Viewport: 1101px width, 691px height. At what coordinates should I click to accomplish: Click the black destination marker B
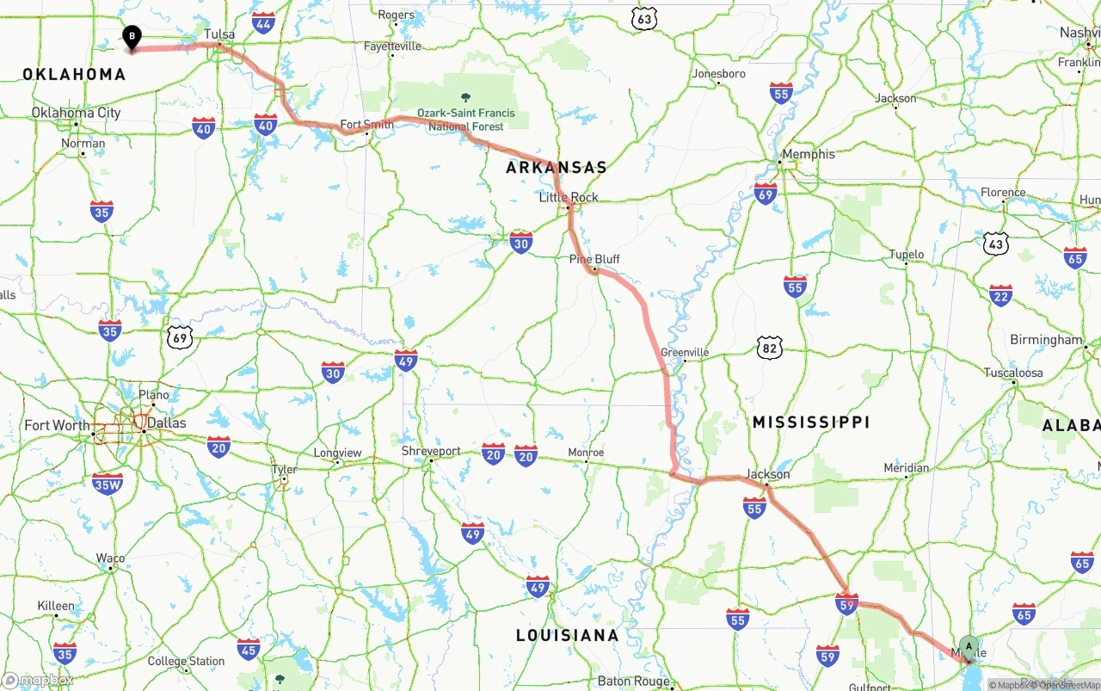pos(132,37)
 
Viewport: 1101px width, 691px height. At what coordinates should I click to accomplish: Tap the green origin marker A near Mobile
pos(969,647)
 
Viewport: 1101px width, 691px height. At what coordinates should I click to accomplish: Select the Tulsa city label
pos(219,34)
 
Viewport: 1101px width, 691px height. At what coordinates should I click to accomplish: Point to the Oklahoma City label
pos(76,113)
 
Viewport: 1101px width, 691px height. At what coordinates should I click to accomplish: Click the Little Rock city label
pos(569,197)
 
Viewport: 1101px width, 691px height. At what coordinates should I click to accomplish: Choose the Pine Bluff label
pos(594,259)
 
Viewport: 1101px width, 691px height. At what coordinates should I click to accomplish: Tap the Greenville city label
pos(685,353)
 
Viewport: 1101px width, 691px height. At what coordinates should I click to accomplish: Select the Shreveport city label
pos(431,451)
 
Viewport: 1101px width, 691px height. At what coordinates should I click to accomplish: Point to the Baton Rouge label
pos(634,681)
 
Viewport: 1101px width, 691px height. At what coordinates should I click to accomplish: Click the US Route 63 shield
pos(643,18)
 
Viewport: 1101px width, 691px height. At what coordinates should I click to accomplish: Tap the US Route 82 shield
pos(770,348)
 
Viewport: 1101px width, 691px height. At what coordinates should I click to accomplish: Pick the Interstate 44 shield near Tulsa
pos(264,22)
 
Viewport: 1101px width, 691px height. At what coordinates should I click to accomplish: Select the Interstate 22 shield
pos(1000,296)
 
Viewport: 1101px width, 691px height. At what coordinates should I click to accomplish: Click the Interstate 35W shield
pos(108,484)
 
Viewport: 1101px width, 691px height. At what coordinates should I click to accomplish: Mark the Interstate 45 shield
pos(249,649)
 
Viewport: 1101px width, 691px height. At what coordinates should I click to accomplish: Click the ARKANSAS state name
pos(556,168)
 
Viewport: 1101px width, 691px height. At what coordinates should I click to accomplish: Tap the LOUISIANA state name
pos(567,635)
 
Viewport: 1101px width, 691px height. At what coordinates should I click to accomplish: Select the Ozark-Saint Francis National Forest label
pos(466,120)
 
